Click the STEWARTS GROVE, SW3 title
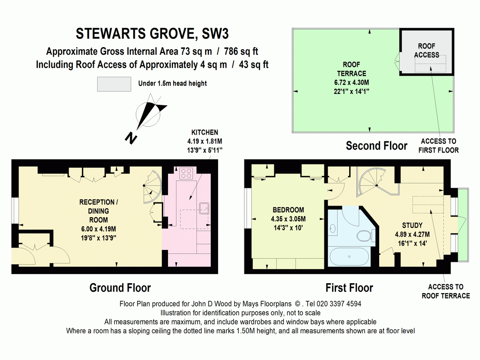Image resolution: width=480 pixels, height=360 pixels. point(152,34)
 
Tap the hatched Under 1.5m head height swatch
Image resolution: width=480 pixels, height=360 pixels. point(114,84)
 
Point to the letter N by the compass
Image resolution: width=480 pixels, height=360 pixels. point(131,138)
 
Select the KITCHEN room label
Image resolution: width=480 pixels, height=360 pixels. point(205,132)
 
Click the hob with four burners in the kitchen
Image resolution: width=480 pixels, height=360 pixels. point(186,174)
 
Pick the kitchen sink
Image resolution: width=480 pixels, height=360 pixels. point(204,208)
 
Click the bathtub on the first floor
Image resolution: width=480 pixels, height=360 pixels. point(349,256)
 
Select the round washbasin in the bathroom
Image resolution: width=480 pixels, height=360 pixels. point(333,228)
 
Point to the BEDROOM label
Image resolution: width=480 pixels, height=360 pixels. point(288,210)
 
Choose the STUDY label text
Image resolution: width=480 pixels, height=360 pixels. point(412,225)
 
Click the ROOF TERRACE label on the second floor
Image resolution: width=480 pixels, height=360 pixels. point(352,69)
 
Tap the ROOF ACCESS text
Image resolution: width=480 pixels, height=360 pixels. point(426,50)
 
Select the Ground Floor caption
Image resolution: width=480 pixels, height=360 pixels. point(120,288)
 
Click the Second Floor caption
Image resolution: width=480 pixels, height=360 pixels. point(376,146)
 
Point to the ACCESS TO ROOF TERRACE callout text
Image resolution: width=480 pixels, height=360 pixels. point(446,291)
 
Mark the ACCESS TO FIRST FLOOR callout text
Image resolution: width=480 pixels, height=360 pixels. point(438,146)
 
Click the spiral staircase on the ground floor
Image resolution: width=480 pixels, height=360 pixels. point(152,186)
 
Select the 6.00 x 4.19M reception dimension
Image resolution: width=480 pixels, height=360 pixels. point(98,229)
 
